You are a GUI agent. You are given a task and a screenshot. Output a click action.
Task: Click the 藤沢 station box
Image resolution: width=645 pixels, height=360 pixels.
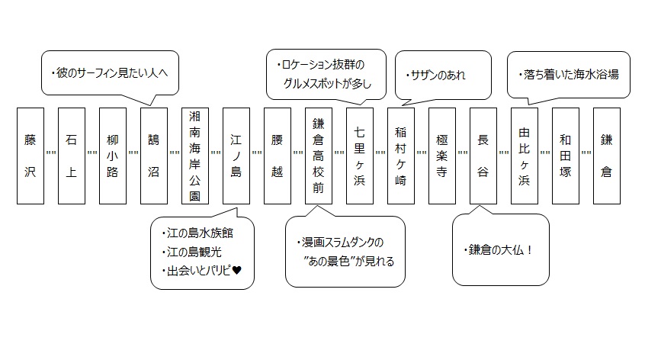pyautogui.click(x=30, y=156)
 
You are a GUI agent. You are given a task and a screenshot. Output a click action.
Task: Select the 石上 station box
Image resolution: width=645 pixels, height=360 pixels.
pyautogui.click(x=71, y=156)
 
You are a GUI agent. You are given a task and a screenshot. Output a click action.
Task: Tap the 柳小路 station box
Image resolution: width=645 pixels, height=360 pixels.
pyautogui.click(x=112, y=156)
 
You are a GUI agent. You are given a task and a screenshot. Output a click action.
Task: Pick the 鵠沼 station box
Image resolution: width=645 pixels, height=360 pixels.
pyautogui.click(x=153, y=156)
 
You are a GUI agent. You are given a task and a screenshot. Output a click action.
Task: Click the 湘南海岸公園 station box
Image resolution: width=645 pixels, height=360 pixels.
pyautogui.click(x=194, y=156)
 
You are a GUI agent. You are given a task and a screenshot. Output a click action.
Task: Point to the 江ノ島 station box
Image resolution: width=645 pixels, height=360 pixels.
pyautogui.click(x=236, y=156)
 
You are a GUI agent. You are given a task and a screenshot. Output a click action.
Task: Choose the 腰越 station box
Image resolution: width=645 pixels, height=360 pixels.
pyautogui.click(x=277, y=156)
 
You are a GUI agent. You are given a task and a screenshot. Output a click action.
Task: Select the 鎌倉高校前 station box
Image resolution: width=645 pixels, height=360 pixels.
pyautogui.click(x=318, y=156)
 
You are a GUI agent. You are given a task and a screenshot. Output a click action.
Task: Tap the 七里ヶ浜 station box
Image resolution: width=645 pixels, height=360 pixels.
pyautogui.click(x=359, y=156)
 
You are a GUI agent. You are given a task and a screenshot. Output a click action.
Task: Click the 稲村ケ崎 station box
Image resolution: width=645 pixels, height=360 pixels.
pyautogui.click(x=400, y=156)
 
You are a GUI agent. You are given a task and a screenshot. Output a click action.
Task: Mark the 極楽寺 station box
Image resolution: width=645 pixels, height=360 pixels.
pyautogui.click(x=441, y=156)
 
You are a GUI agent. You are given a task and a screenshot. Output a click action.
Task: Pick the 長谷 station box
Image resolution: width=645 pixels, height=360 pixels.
pyautogui.click(x=483, y=156)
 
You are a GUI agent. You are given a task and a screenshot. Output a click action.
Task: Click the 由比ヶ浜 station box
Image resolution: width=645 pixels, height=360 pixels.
pyautogui.click(x=524, y=156)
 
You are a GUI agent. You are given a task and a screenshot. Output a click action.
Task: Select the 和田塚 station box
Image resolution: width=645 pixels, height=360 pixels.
pyautogui.click(x=565, y=156)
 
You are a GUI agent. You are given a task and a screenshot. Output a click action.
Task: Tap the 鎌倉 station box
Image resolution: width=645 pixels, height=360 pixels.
pyautogui.click(x=606, y=156)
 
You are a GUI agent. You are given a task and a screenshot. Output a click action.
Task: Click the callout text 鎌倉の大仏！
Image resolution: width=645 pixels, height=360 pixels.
pyautogui.click(x=500, y=250)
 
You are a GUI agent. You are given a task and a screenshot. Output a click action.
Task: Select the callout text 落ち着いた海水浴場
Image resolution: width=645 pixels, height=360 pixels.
pyautogui.click(x=569, y=75)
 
